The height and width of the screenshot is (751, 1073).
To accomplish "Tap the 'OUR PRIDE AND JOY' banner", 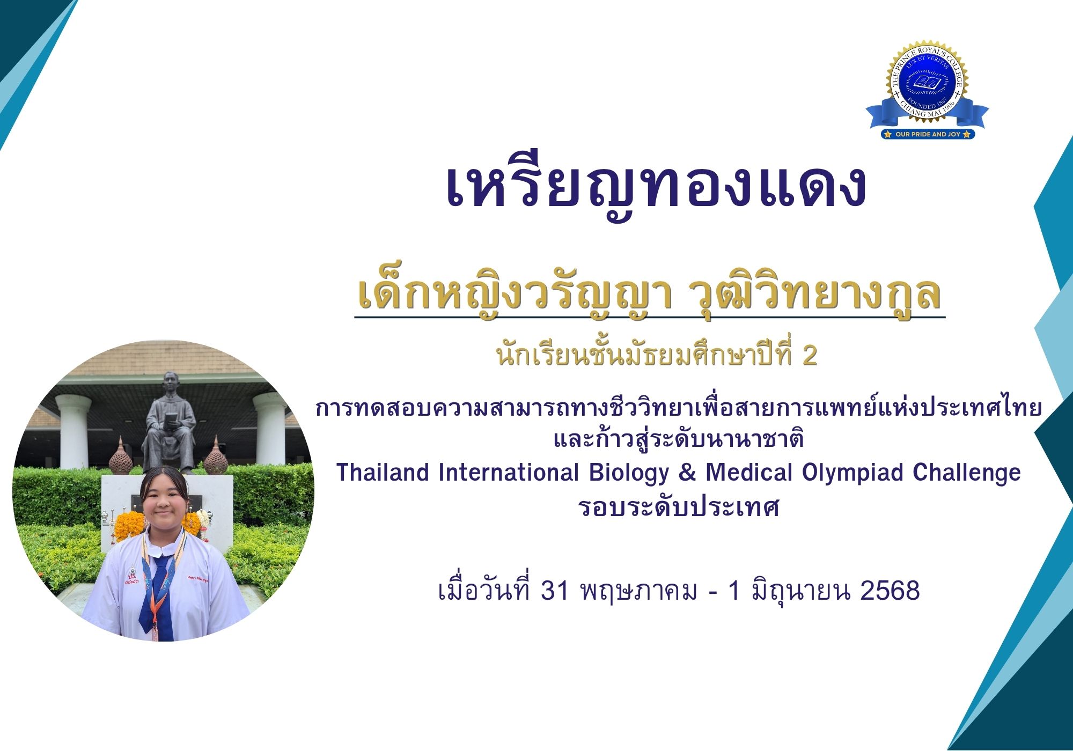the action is tap(928, 134).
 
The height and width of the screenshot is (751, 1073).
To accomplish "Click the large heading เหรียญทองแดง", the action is tap(656, 186).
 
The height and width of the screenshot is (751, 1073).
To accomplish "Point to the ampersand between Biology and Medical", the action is tap(687, 473).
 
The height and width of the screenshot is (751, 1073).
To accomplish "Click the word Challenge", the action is tap(967, 473).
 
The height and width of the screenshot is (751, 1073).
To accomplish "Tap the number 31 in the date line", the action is tap(555, 591).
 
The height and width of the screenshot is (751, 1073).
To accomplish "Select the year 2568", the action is tap(890, 591).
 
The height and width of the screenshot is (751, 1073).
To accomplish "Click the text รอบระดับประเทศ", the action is tap(679, 506).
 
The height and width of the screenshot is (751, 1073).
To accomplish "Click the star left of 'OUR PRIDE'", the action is tap(888, 134).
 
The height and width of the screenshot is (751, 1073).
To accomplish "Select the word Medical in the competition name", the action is tap(748, 473).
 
